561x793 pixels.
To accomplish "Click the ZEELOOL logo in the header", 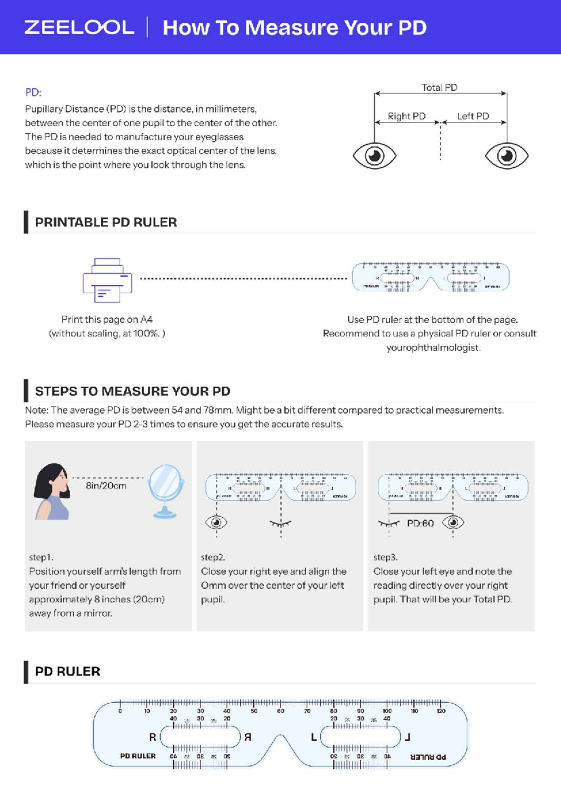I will [79, 27].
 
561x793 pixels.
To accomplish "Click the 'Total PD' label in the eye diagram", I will [439, 87].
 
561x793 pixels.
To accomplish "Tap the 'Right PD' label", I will [406, 116].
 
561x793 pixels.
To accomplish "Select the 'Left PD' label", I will [473, 116].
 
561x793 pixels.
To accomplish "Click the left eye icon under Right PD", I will [374, 156].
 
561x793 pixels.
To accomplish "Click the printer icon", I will [108, 280].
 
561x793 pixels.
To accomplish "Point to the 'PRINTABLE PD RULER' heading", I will [106, 222].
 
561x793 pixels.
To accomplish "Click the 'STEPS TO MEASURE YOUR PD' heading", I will [132, 391].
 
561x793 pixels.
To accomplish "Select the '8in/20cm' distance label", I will [106, 486].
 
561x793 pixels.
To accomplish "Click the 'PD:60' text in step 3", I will [420, 523].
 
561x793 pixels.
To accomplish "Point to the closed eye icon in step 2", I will [280, 523].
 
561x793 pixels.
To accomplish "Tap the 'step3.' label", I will [385, 557].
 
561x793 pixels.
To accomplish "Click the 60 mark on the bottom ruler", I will [280, 711].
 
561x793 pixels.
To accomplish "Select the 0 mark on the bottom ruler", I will [120, 711].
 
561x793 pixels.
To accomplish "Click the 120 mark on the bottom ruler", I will [441, 711].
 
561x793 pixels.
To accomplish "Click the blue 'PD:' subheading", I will [33, 92].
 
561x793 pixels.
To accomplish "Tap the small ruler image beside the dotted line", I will [430, 277].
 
